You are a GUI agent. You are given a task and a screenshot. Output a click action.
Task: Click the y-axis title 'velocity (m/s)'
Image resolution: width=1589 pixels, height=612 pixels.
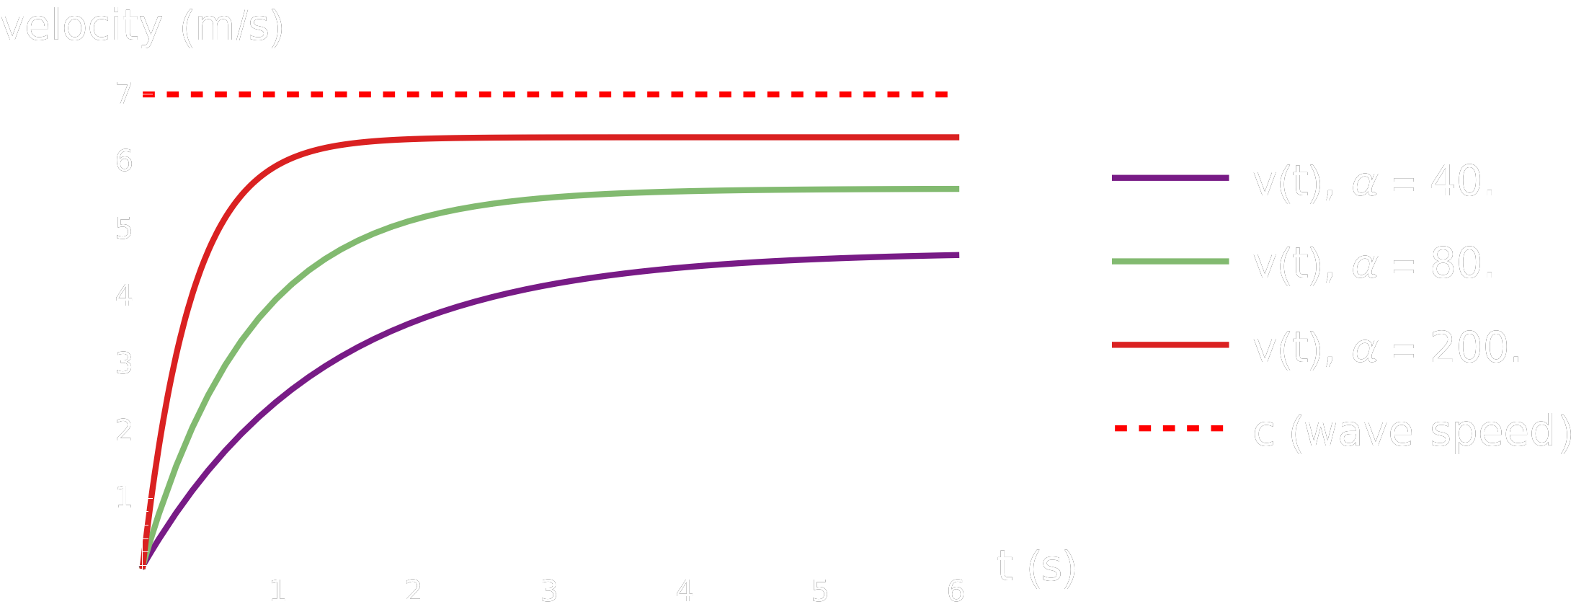(142, 27)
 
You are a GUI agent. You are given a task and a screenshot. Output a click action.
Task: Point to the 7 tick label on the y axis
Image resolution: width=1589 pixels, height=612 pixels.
(124, 94)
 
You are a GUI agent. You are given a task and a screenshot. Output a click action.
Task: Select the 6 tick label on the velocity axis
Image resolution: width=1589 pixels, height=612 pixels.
(124, 161)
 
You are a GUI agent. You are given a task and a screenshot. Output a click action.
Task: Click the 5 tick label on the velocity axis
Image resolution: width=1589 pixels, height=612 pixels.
(124, 229)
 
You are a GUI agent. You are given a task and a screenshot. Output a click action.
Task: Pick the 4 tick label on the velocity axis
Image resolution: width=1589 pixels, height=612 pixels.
(124, 296)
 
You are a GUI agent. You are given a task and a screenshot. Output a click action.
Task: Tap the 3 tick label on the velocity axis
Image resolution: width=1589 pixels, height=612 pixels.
(124, 363)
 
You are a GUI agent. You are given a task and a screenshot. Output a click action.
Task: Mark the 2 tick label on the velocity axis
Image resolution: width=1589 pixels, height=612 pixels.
(124, 430)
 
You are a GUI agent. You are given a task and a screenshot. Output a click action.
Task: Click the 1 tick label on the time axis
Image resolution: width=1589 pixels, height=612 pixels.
(277, 592)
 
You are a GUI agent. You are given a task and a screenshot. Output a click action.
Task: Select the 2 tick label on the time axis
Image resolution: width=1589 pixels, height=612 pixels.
(413, 592)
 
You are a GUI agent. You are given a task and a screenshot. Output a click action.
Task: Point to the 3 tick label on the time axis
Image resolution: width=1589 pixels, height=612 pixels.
(549, 592)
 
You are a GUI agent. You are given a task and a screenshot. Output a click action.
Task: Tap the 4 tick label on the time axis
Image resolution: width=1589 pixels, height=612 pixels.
(685, 592)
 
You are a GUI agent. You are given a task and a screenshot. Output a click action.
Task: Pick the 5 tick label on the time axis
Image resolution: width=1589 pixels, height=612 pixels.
(820, 592)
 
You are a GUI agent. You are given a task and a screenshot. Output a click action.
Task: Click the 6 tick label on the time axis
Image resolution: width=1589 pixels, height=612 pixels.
(956, 592)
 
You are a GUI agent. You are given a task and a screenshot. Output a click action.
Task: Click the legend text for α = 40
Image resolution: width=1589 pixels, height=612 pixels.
(1374, 182)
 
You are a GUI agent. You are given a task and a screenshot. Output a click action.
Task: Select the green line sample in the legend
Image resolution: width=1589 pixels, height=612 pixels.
(1170, 262)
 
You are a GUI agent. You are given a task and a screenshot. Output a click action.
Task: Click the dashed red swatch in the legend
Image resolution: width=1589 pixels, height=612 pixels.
(1170, 429)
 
